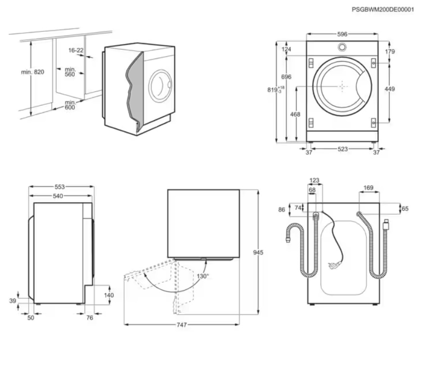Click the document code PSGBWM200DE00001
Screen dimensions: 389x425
pos(383,9)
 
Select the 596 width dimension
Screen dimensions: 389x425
pos(342,34)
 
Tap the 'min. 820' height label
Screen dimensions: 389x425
pos(32,72)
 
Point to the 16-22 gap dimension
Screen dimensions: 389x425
pos(76,50)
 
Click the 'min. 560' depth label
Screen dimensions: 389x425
pos(70,72)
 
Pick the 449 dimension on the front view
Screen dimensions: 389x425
pos(390,89)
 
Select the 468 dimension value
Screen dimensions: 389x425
pos(295,114)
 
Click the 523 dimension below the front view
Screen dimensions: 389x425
pos(342,149)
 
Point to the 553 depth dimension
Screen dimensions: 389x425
pos(60,186)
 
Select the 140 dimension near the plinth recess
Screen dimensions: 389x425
pos(109,295)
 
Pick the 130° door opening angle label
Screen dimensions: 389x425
pos(203,276)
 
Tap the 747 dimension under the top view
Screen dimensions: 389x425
pos(181,325)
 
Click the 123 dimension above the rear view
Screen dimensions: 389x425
pos(315,181)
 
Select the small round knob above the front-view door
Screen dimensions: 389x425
pos(342,47)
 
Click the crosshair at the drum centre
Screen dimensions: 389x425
pos(342,86)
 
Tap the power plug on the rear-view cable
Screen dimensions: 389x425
pos(331,265)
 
